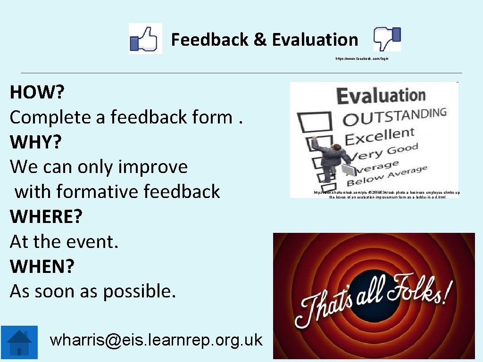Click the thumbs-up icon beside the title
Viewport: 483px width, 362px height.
tap(145, 39)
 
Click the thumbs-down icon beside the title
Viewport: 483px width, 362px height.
tap(387, 39)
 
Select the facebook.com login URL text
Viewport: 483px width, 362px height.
tap(362, 59)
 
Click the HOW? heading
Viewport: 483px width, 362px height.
tap(37, 92)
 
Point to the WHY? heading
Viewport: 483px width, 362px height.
tap(35, 142)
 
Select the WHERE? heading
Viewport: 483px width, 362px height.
tap(46, 216)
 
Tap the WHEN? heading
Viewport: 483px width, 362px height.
tap(42, 266)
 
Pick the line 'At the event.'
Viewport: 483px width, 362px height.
tap(64, 241)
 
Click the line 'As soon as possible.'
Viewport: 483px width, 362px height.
tap(92, 291)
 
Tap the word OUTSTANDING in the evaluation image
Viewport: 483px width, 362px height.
tap(394, 117)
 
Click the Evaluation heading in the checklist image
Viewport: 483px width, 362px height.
tap(380, 96)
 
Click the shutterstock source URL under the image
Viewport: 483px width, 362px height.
tap(387, 195)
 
